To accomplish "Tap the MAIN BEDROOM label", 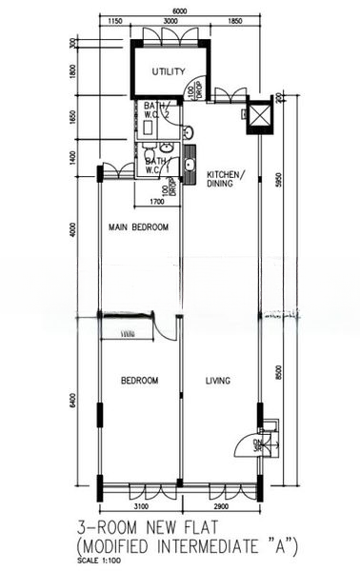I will [138, 227].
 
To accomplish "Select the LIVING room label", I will [219, 381].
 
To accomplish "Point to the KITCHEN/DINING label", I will [226, 179].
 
